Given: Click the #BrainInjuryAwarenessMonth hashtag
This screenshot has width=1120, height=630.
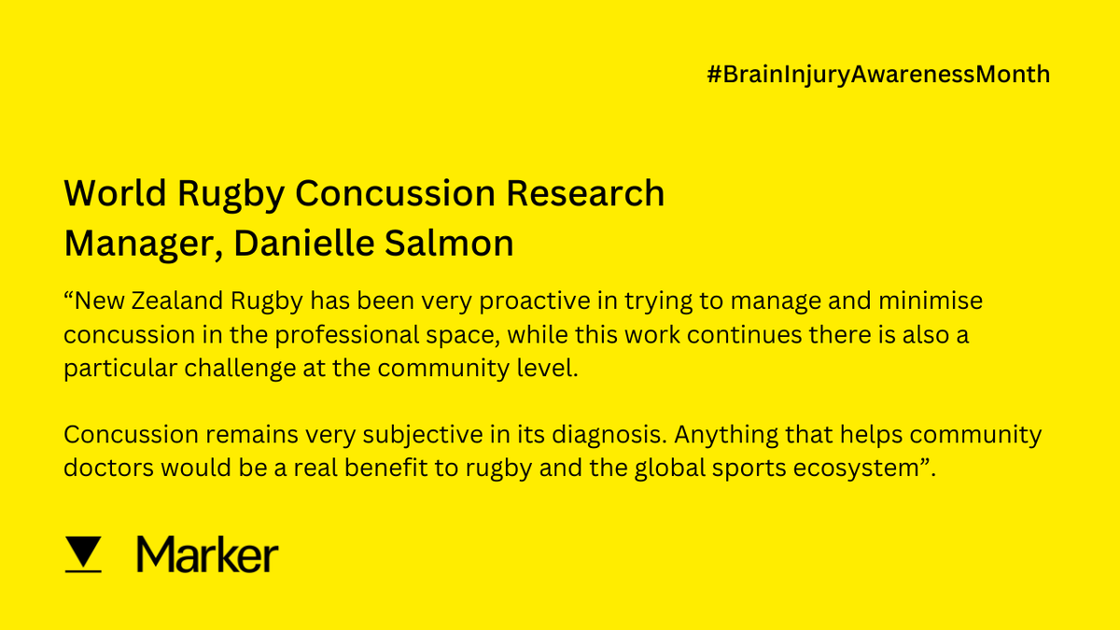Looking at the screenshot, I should [x=878, y=75].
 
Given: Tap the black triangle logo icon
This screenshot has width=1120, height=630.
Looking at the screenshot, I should [x=85, y=554].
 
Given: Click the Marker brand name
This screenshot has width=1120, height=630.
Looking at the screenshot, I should [x=207, y=554].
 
